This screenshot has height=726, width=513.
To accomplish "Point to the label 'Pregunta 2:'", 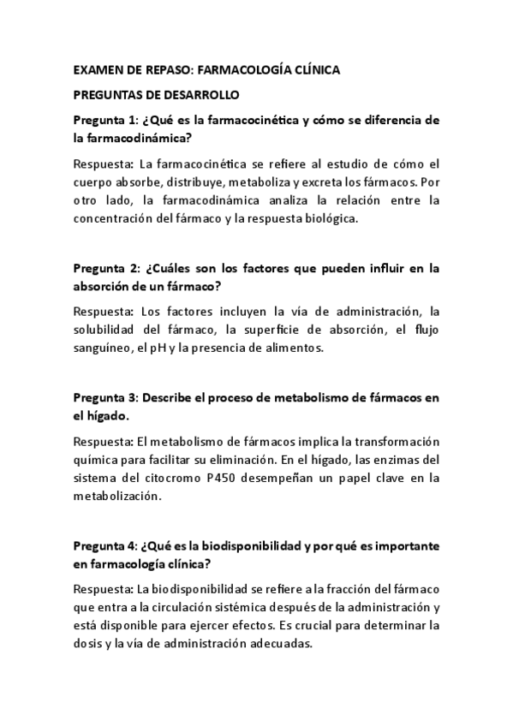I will [x=105, y=268].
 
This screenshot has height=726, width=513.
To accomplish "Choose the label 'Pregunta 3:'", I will [x=105, y=398].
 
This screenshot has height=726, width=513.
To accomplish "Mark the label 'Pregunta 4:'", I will [x=105, y=545].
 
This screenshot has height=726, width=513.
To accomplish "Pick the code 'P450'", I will [x=246, y=478].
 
